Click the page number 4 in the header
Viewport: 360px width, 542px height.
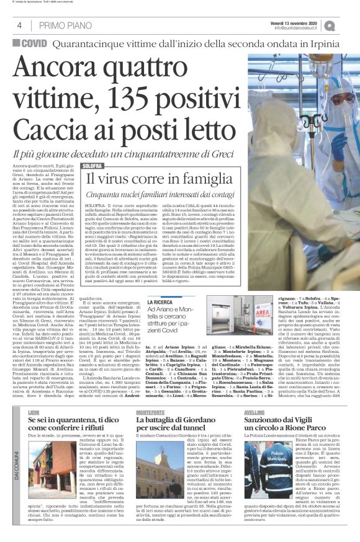(x=20, y=25)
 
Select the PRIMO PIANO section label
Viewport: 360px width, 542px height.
(x=63, y=25)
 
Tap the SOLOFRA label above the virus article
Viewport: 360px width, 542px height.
(x=93, y=166)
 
